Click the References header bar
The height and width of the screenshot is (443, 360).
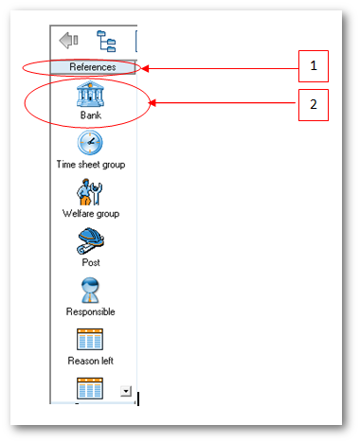[93, 67]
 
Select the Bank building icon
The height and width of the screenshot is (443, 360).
[90, 94]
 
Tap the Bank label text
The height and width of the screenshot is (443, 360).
[91, 115]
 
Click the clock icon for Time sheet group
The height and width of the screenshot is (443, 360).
[90, 143]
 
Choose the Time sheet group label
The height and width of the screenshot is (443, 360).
[91, 165]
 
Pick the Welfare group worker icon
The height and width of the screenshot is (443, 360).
[89, 192]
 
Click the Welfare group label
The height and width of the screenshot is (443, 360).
[91, 214]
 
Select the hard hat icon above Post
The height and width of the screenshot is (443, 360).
[90, 241]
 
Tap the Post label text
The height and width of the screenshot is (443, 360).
[91, 262]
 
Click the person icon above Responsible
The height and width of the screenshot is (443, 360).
[90, 291]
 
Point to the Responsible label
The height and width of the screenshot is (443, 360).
[91, 311]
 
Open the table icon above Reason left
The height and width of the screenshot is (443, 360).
[90, 339]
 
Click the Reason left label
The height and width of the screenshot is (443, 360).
[91, 361]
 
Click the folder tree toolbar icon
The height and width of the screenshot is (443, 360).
[106, 41]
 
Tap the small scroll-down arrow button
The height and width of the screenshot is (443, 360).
[126, 391]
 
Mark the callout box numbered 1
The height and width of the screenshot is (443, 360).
[314, 66]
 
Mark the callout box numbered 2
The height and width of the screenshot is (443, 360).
[314, 105]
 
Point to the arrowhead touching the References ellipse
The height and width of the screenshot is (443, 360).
[145, 68]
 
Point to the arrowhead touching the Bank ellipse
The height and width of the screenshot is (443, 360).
[153, 103]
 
